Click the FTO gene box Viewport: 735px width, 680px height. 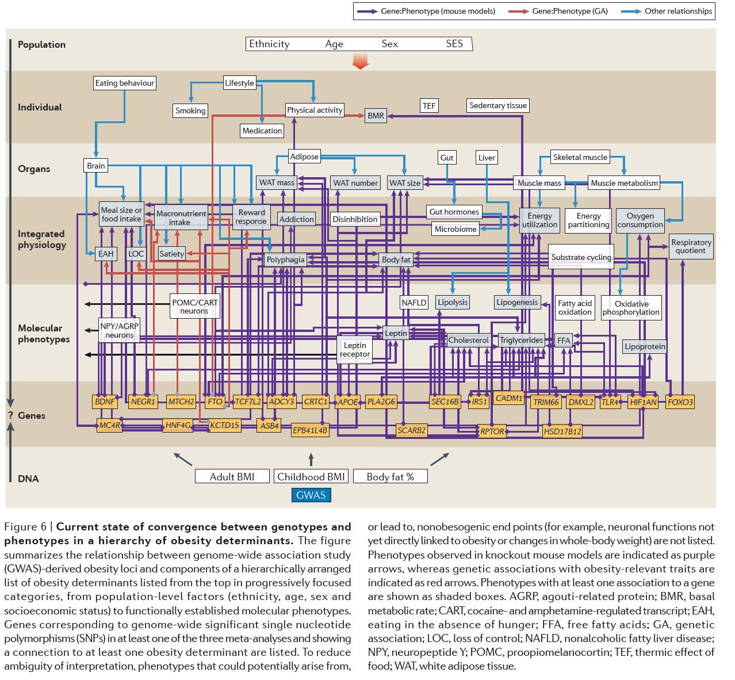(x=215, y=402)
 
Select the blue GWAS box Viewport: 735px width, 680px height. (x=311, y=495)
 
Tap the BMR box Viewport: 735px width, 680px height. (x=376, y=116)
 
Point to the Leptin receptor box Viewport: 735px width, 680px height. (x=355, y=349)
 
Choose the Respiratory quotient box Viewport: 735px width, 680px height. (x=691, y=246)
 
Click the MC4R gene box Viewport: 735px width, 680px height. (x=109, y=425)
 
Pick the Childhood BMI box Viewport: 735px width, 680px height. (x=311, y=476)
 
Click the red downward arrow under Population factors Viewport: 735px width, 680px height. (x=360, y=61)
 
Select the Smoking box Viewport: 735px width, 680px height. (x=190, y=110)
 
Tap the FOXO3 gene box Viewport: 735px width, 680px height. (x=680, y=402)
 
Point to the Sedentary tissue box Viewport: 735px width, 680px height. (x=498, y=105)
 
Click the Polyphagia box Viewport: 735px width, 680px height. (x=285, y=259)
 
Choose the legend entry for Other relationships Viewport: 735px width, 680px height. (x=670, y=11)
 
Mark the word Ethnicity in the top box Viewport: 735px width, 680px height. (x=269, y=44)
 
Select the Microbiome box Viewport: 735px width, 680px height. (x=455, y=229)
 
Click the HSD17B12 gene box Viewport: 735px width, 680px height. (x=562, y=431)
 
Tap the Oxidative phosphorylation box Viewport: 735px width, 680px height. (x=631, y=308)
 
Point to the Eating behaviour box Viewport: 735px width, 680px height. (x=125, y=83)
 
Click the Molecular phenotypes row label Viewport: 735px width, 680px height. (x=44, y=333)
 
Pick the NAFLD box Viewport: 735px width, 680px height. (x=414, y=302)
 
